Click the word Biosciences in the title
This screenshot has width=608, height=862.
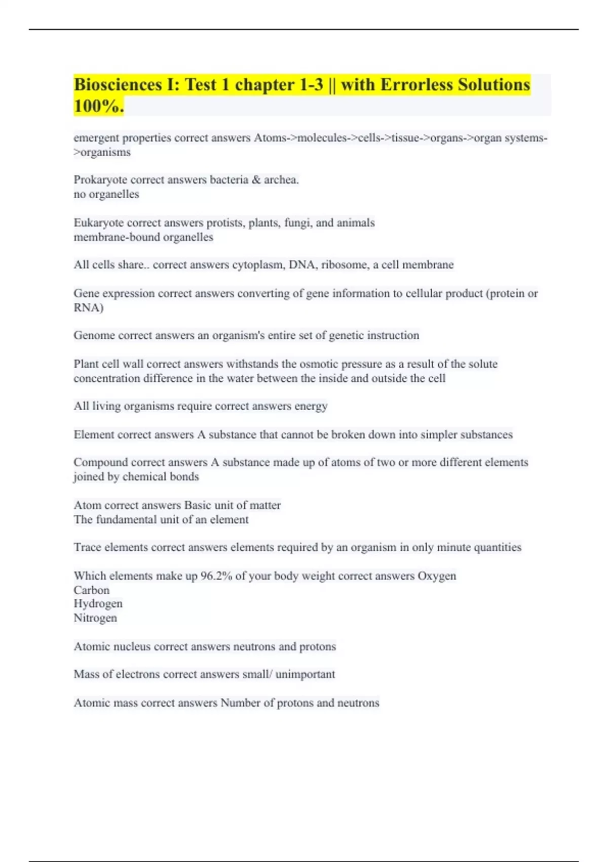tap(118, 85)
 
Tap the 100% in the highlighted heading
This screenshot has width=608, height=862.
tap(98, 106)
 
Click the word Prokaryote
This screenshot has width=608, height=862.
tap(100, 180)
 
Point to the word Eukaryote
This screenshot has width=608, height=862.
tap(98, 223)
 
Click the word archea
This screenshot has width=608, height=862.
tap(281, 180)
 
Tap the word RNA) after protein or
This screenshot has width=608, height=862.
tap(89, 308)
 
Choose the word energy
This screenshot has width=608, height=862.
tap(311, 406)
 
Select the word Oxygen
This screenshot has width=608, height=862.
tap(437, 576)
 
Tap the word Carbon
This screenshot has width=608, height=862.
tap(91, 590)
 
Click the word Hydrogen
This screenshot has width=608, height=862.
tap(98, 604)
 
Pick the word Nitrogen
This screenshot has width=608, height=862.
tap(95, 618)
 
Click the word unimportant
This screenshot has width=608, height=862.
tap(305, 674)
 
